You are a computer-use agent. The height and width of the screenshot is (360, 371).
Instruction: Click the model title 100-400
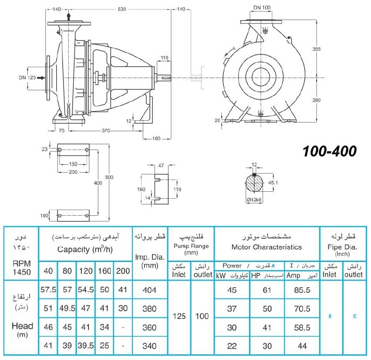330,151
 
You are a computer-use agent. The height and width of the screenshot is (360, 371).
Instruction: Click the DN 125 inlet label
27,78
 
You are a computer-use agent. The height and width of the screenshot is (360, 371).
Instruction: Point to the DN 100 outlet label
262,7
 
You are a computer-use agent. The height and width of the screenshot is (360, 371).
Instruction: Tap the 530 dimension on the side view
122,9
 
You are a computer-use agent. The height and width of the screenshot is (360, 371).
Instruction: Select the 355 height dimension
316,49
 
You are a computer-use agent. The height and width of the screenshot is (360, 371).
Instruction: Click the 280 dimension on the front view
316,100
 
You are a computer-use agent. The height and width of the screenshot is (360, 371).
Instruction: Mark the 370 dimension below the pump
106,130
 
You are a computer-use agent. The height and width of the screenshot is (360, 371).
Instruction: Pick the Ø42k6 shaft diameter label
254,200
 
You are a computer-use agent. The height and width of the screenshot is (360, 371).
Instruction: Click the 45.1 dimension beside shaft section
273,183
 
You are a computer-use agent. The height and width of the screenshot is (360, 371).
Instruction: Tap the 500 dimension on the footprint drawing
109,177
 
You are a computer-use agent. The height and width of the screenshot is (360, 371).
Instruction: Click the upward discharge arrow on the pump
69,17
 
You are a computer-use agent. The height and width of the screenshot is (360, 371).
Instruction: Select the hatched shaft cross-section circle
254,184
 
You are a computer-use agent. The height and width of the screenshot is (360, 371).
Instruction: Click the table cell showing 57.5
48,289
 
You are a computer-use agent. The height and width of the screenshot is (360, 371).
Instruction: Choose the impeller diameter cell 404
149,290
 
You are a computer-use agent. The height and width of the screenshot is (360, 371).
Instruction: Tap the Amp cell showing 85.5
302,290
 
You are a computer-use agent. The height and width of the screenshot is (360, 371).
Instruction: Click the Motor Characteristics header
266,247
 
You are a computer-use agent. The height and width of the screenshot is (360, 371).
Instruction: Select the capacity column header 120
86,271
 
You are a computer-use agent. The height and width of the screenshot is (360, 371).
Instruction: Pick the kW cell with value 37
232,309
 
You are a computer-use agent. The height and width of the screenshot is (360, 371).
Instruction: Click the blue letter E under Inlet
331,316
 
